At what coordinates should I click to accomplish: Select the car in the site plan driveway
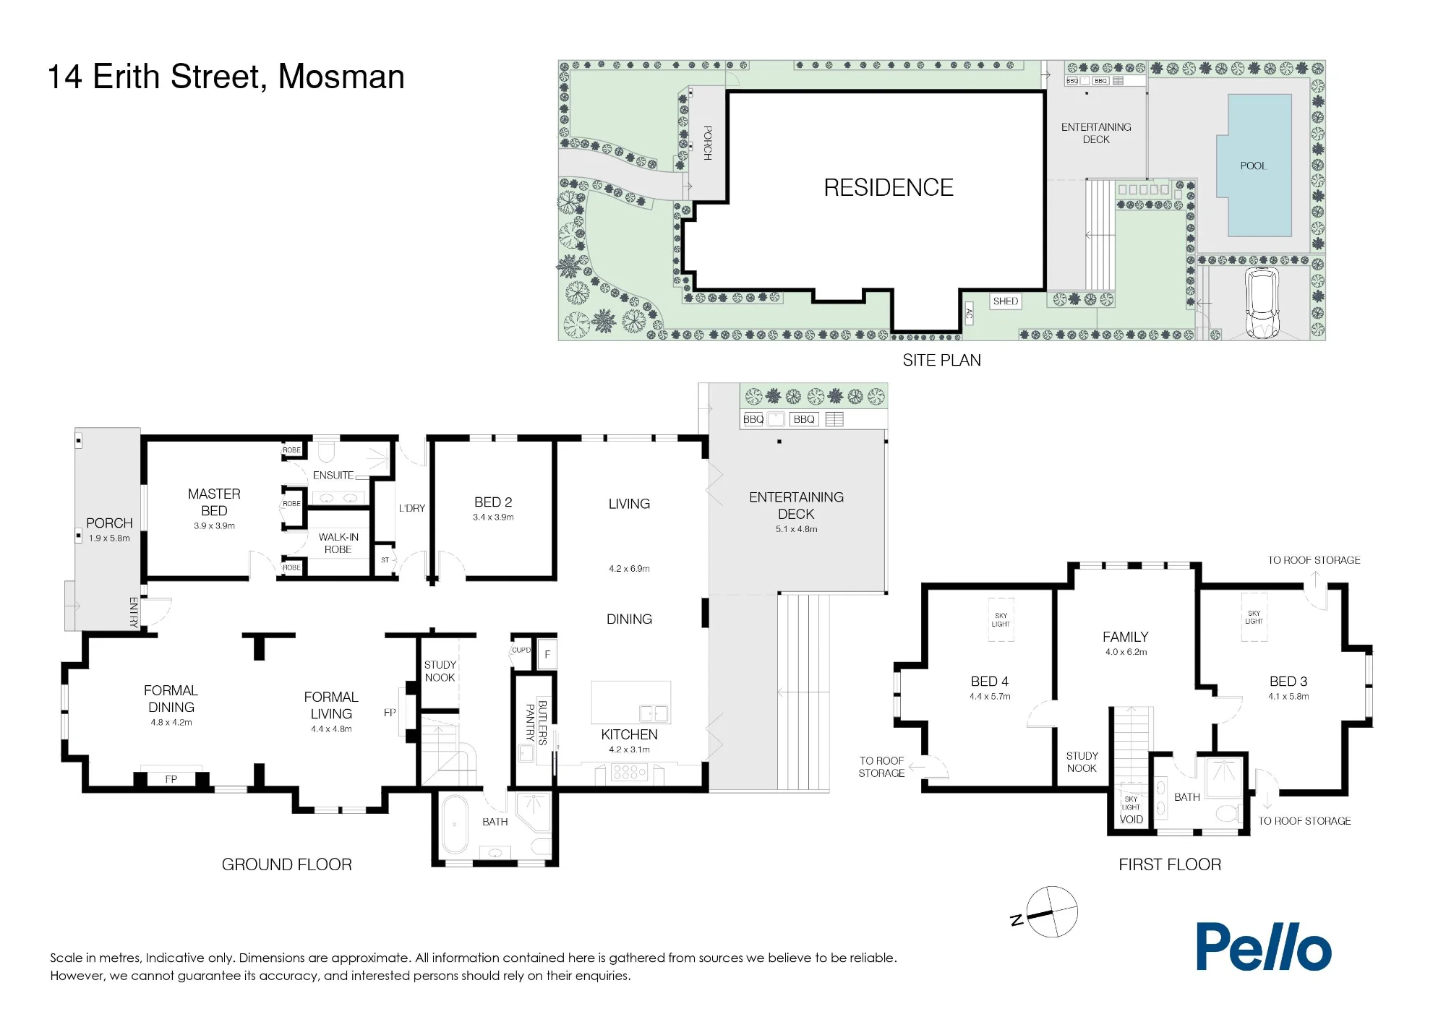click(1262, 303)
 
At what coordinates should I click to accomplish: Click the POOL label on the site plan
click(1253, 166)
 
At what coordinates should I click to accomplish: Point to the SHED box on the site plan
click(1006, 301)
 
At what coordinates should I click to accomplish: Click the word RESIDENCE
click(889, 187)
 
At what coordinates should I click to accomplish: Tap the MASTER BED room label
click(214, 502)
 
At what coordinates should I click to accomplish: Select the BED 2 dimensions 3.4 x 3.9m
click(493, 518)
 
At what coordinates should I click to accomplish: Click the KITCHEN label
click(629, 734)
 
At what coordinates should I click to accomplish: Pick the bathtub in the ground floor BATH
click(455, 825)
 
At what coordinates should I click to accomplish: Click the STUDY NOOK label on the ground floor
click(440, 671)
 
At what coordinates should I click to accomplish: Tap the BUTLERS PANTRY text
click(536, 722)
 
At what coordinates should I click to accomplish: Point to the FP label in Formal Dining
click(171, 779)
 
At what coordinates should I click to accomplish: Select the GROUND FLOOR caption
click(287, 864)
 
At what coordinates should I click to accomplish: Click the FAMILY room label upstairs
click(1125, 637)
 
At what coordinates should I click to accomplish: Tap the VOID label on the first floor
click(1131, 820)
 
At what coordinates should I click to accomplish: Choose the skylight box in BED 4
click(1001, 620)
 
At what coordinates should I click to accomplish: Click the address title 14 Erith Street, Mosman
click(226, 77)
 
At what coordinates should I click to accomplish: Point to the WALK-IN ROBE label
click(338, 543)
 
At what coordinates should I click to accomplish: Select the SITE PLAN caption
click(941, 360)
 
